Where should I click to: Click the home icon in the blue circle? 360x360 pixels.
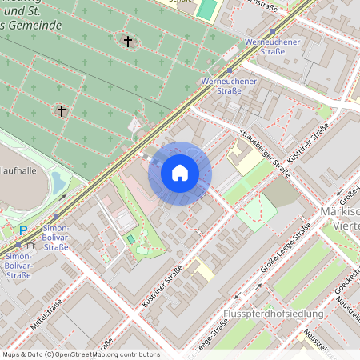point(180,173)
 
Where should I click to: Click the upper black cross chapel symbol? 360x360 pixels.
point(127,40)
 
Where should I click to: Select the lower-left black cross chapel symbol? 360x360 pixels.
point(61,110)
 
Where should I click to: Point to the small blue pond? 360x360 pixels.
point(58,185)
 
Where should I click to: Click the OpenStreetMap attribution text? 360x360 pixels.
point(80,354)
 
